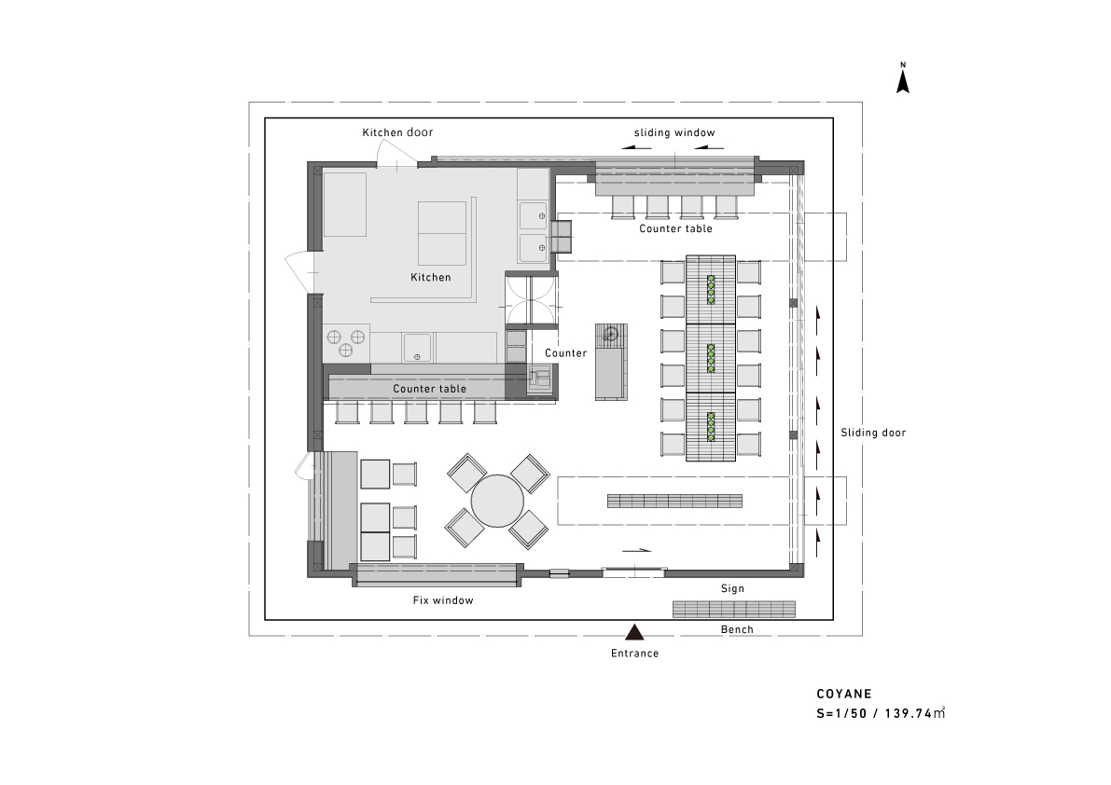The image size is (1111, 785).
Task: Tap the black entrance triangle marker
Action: click(635, 632)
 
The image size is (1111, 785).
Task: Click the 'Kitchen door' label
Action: click(397, 132)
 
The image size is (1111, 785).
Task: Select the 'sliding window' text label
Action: click(674, 132)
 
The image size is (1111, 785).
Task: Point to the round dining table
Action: click(497, 502)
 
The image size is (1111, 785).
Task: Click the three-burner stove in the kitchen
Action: click(347, 342)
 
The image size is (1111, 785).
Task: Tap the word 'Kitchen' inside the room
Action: click(431, 278)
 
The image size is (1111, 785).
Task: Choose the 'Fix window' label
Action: click(443, 600)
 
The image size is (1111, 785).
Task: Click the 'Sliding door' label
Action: click(873, 433)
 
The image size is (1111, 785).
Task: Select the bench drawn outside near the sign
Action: click(733, 609)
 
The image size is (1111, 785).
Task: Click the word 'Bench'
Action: click(737, 629)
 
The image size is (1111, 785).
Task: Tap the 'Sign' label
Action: click(732, 589)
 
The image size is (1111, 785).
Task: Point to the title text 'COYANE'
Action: click(844, 695)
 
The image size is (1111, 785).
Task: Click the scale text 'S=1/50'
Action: click(841, 713)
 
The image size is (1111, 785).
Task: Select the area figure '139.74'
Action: click(908, 713)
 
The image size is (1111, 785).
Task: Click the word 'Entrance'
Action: click(635, 654)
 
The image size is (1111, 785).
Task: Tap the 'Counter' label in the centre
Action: click(565, 352)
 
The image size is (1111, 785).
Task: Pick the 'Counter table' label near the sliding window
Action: click(675, 228)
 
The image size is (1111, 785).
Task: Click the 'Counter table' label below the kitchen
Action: click(429, 389)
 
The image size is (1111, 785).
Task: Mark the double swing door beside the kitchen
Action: click(531, 301)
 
